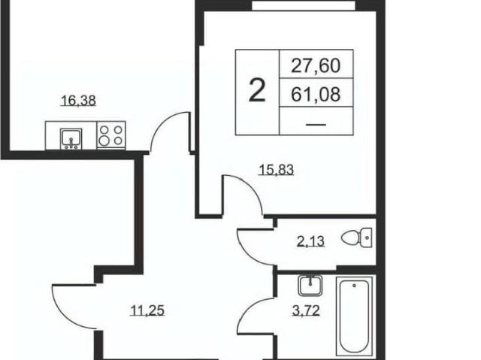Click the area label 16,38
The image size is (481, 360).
point(79,101)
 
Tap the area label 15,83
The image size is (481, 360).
point(277,170)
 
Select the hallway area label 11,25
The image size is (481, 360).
point(147,310)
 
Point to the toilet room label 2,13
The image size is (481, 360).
point(310,241)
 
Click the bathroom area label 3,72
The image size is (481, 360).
point(306,310)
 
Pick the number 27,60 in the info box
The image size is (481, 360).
point(316,65)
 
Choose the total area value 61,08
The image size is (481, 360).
point(316,94)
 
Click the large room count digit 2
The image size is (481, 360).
point(257,90)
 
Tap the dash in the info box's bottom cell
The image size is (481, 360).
point(316,125)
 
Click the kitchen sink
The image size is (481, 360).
point(71,138)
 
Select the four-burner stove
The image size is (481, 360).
point(110,135)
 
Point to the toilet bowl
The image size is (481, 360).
point(357,237)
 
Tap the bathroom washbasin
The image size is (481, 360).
point(310,285)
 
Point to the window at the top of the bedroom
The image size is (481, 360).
point(304,5)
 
